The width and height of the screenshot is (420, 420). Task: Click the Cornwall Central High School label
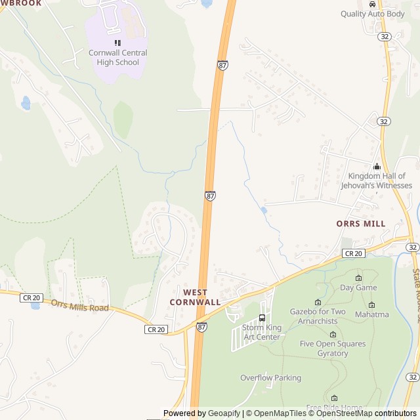pyautogui.click(x=118, y=58)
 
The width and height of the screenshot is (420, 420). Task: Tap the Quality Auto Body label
pyautogui.click(x=373, y=14)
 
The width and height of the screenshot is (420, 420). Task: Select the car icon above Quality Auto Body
pyautogui.click(x=373, y=4)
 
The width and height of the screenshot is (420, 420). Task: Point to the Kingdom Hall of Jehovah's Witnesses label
pyautogui.click(x=376, y=180)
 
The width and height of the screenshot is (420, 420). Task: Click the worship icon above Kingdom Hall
pyautogui.click(x=377, y=167)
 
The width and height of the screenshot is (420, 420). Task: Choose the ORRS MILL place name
pyautogui.click(x=361, y=224)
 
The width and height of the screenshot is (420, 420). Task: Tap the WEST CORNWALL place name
pyautogui.click(x=195, y=297)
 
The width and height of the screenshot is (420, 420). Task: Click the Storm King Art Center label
pyautogui.click(x=261, y=332)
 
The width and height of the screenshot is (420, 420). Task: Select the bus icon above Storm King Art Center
pyautogui.click(x=262, y=318)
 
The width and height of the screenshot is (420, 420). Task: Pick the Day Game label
pyautogui.click(x=358, y=287)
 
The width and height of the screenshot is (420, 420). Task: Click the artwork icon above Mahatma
pyautogui.click(x=371, y=304)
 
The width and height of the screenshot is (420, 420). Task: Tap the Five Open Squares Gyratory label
pyautogui.click(x=333, y=348)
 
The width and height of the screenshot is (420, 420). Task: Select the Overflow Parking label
pyautogui.click(x=270, y=377)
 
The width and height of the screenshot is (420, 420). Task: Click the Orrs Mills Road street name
pyautogui.click(x=79, y=306)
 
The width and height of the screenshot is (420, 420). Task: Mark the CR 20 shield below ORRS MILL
pyautogui.click(x=353, y=253)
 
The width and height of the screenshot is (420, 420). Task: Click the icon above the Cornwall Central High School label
pyautogui.click(x=117, y=43)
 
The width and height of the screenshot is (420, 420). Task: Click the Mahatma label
pyautogui.click(x=372, y=314)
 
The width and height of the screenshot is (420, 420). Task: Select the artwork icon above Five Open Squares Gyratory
pyautogui.click(x=333, y=335)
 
